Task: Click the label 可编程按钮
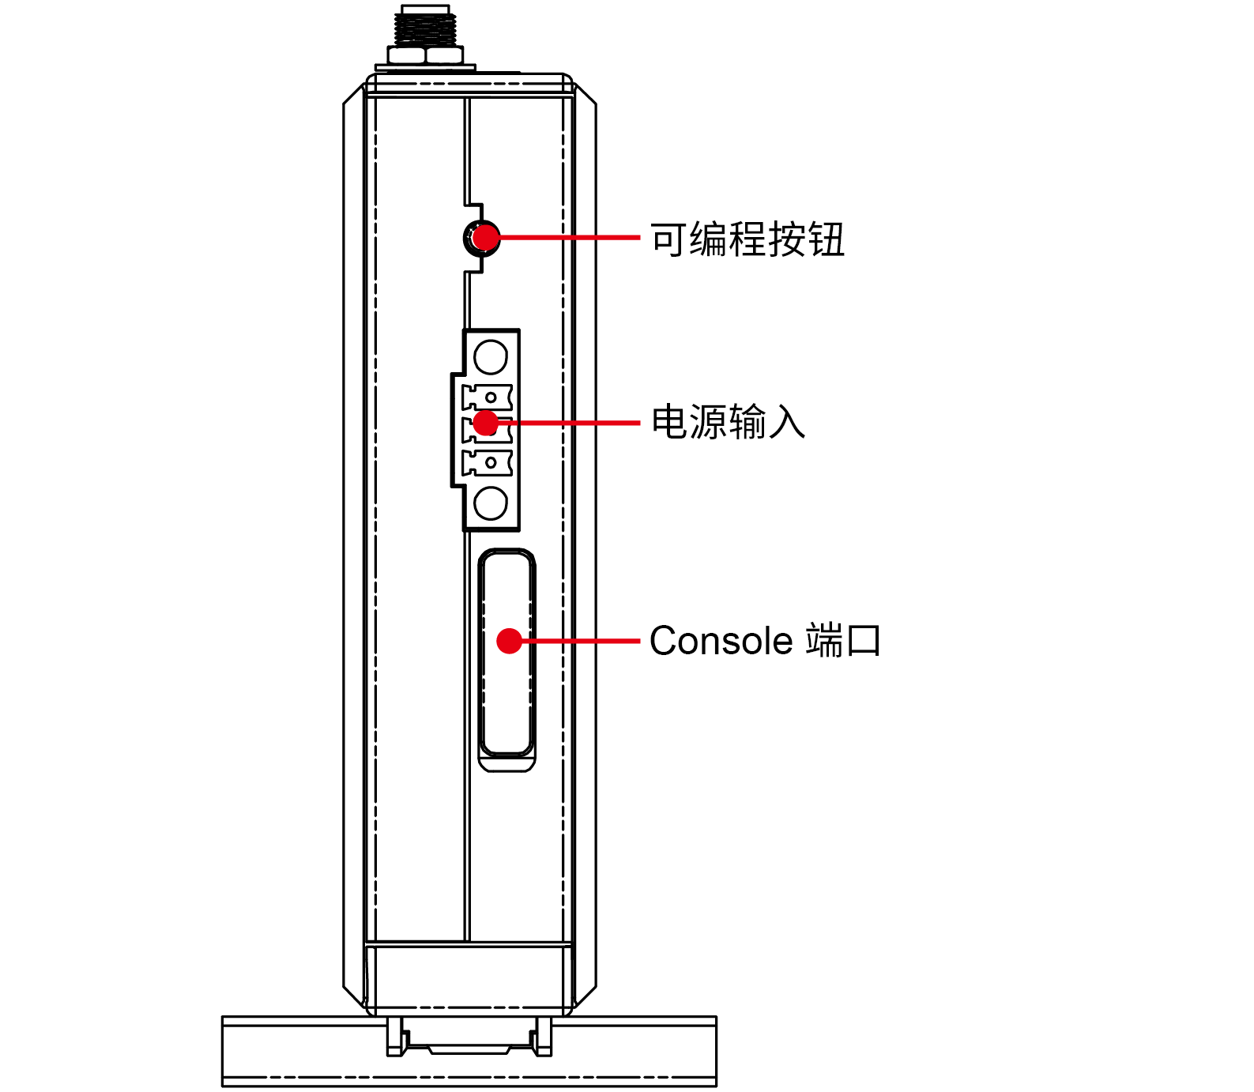[747, 239]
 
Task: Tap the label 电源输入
[728, 422]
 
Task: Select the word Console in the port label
[721, 641]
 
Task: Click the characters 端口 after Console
[842, 641]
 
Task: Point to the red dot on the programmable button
[486, 237]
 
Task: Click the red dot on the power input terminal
[485, 423]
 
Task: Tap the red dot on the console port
[510, 641]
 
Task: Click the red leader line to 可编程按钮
[569, 237]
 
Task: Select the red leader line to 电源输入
[569, 424]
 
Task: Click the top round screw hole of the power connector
[491, 356]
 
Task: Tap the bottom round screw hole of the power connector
[491, 503]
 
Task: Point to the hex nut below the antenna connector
[425, 55]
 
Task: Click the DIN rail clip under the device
[469, 1037]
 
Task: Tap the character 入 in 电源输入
[787, 422]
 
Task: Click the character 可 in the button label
[668, 239]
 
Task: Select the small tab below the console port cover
[507, 764]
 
